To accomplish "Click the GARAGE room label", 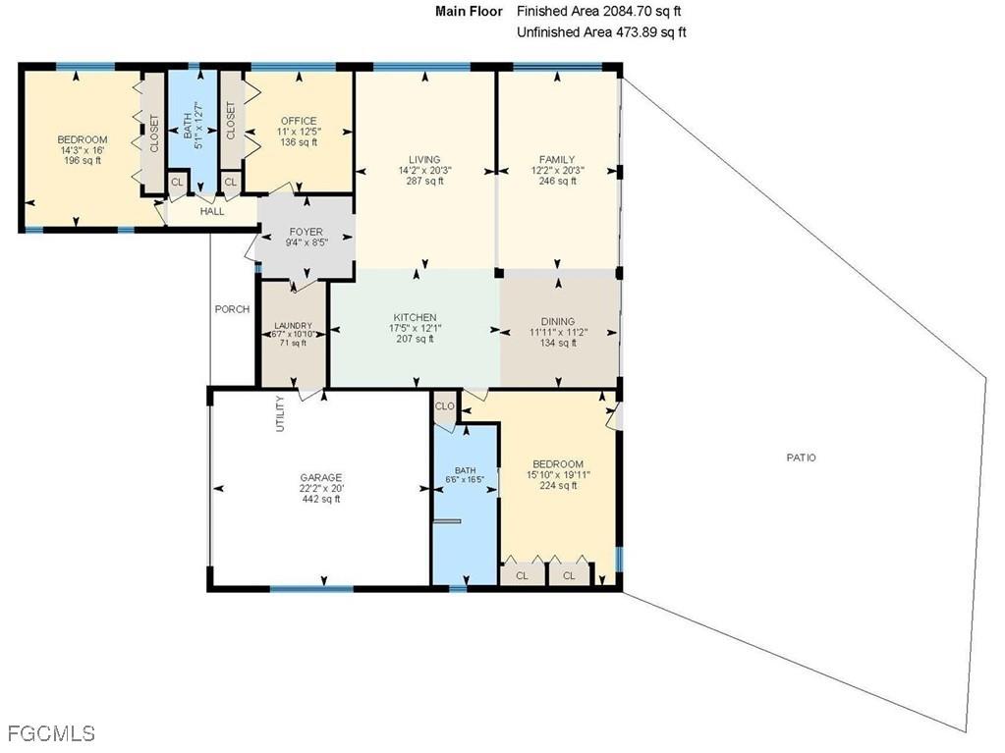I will pos(321,477).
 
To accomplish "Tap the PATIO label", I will pos(801,457).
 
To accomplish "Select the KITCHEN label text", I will pos(415,317).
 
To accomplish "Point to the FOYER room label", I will pos(306,233).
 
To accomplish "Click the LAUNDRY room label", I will pos(293,326).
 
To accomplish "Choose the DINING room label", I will pos(557,321).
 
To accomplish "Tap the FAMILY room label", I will pos(557,159).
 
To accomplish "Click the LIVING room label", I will pos(424,159).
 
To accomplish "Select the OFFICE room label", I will pos(299,121).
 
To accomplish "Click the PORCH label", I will pos(232,309).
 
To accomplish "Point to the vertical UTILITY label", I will pos(280,413).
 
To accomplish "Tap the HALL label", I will pos(212,211).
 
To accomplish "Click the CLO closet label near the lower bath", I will pos(445,405).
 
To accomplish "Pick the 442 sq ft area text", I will pos(321,499).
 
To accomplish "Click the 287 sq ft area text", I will pos(424,181).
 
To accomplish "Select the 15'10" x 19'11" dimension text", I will pos(557,475).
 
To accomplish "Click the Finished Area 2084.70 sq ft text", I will pos(598,12).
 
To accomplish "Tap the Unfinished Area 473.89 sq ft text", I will pos(601,32).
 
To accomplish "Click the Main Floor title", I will pos(469,12).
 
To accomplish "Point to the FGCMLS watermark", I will pos(51,733).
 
